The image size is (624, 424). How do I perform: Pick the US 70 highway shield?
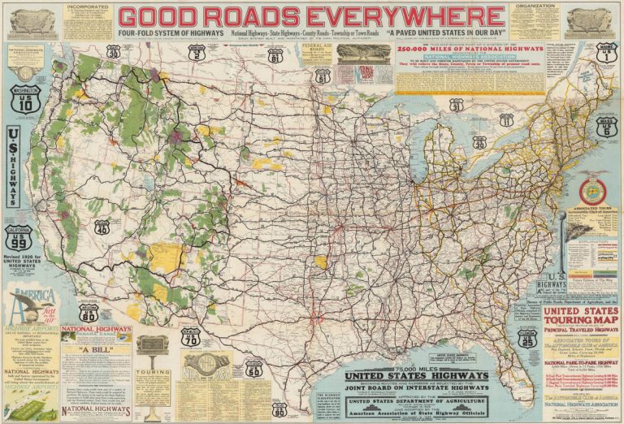(x=190, y=338)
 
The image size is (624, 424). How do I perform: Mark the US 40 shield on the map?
(x=102, y=227)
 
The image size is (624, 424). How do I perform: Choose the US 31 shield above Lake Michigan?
(x=457, y=105)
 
